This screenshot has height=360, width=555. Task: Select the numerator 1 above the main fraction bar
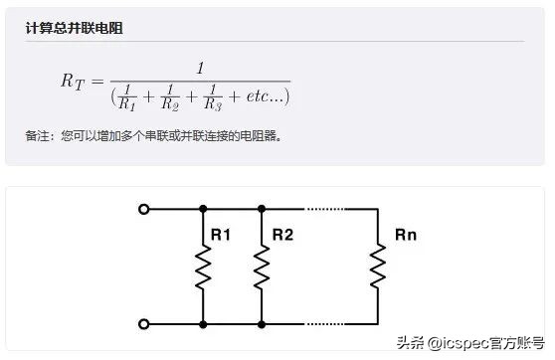pyautogui.click(x=200, y=68)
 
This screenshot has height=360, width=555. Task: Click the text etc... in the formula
pyautogui.click(x=264, y=97)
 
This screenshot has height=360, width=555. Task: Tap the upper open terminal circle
pyautogui.click(x=145, y=209)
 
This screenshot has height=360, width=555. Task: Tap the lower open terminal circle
pyautogui.click(x=145, y=323)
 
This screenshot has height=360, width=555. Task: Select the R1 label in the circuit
pyautogui.click(x=221, y=236)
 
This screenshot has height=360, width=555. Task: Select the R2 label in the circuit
pyautogui.click(x=282, y=236)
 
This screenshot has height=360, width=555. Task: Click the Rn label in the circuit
pyautogui.click(x=405, y=236)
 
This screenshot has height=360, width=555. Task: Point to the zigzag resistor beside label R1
pyautogui.click(x=203, y=267)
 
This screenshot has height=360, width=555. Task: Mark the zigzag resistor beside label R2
pyautogui.click(x=262, y=267)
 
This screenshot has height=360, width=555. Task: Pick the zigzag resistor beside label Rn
pyautogui.click(x=378, y=267)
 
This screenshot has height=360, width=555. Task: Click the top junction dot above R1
pyautogui.click(x=203, y=209)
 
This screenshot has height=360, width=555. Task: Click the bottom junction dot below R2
pyautogui.click(x=262, y=323)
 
